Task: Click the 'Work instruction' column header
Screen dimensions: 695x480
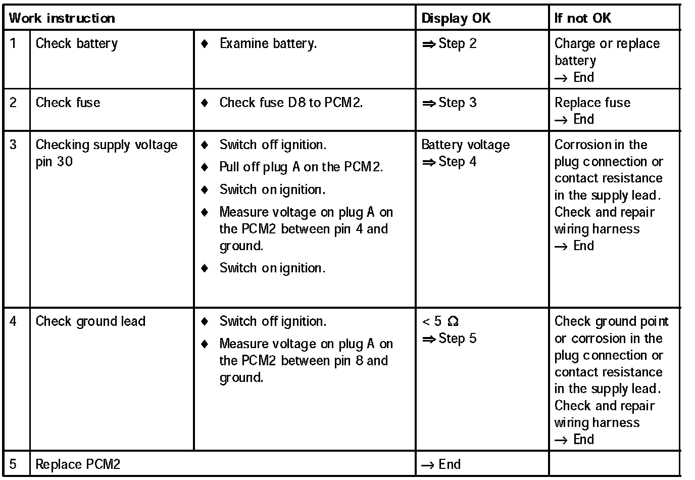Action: pyautogui.click(x=62, y=19)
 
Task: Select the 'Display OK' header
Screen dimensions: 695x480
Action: pyautogui.click(x=456, y=19)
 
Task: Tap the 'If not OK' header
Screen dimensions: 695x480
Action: pyautogui.click(x=583, y=19)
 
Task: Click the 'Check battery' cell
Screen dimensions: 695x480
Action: pyautogui.click(x=76, y=44)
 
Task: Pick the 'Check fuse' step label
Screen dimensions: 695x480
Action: pyautogui.click(x=68, y=103)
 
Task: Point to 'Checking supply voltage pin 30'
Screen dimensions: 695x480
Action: pyautogui.click(x=106, y=153)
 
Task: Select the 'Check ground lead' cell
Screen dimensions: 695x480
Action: pyautogui.click(x=90, y=322)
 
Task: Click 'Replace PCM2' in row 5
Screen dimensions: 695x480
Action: pyautogui.click(x=78, y=464)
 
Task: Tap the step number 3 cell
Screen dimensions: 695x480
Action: pyautogui.click(x=14, y=145)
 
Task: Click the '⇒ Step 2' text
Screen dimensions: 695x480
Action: pyautogui.click(x=450, y=44)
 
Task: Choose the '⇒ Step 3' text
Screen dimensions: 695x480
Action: pyautogui.click(x=450, y=103)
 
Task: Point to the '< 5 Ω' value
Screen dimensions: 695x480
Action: pyautogui.click(x=440, y=322)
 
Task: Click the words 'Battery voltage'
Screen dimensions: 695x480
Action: pyautogui.click(x=465, y=145)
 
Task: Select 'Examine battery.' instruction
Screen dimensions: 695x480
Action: pyautogui.click(x=268, y=44)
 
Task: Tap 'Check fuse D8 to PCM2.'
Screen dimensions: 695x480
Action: pyautogui.click(x=291, y=103)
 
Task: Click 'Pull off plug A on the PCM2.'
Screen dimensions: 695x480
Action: pyautogui.click(x=301, y=167)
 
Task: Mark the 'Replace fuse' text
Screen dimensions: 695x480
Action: pyautogui.click(x=592, y=103)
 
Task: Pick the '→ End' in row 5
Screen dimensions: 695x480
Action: pyautogui.click(x=441, y=464)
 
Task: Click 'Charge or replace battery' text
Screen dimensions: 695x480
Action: pyautogui.click(x=607, y=52)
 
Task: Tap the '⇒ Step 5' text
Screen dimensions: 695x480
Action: pyautogui.click(x=450, y=339)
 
